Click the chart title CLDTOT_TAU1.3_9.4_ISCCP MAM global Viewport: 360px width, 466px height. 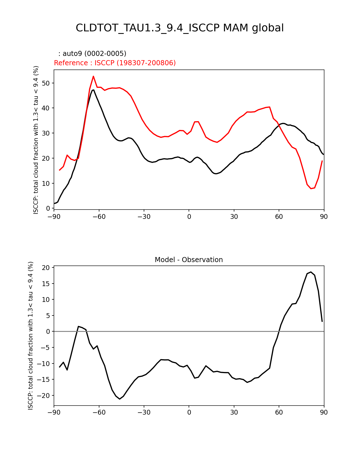180,28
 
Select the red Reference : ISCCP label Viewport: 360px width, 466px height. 115,63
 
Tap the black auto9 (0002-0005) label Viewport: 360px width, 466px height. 92,54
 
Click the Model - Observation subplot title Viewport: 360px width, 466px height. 189,260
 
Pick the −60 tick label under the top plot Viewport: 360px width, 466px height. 99,217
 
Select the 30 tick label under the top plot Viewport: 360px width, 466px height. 234,217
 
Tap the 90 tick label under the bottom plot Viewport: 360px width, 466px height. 324,412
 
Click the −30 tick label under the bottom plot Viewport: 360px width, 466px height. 144,412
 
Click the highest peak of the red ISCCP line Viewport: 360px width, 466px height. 93,76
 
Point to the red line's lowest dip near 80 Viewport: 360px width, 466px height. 311,188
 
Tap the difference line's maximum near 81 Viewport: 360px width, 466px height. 311,272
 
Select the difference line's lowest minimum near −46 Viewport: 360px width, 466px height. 120,399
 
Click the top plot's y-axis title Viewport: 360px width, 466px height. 36,140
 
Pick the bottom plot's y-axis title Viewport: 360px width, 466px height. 30,336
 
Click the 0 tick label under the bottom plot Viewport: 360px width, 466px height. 189,412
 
